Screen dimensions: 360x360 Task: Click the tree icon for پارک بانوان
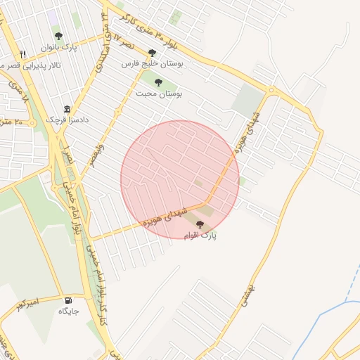pos(58,36)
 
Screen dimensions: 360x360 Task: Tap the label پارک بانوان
pos(58,47)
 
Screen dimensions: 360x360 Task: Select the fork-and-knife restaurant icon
pos(23,54)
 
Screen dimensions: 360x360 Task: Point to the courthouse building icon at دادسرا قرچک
pos(67,110)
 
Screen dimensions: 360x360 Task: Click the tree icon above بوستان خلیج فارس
pos(152,53)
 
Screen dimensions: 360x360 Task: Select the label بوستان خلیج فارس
pos(153,63)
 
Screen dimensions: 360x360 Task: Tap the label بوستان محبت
pos(167,93)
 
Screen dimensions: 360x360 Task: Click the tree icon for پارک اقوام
pos(200,225)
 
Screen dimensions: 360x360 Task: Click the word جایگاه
pos(68,311)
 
